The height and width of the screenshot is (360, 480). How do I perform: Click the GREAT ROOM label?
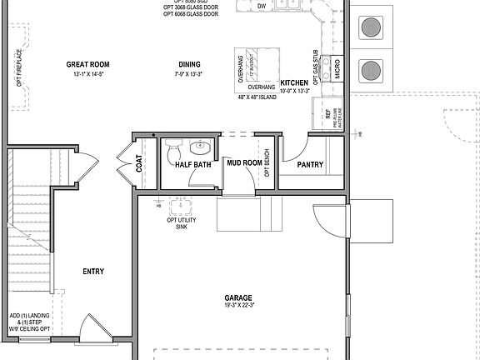point(87,65)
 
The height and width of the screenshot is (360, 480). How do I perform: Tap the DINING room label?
point(190,65)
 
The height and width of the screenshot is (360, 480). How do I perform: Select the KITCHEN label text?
point(294,82)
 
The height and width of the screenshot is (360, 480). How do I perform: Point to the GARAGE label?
point(238,297)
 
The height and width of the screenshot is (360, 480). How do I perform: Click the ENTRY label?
point(93,271)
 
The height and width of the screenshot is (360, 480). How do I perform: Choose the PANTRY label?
point(310,165)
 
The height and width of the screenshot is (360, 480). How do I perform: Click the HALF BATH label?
point(192,165)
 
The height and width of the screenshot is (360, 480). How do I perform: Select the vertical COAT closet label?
point(139,165)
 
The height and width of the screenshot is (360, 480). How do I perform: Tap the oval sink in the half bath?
point(200,148)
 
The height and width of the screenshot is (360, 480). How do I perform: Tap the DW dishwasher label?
point(262,7)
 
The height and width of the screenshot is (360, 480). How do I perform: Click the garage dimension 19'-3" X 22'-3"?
point(238,306)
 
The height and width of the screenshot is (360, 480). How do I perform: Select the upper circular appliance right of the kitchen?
point(368,27)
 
